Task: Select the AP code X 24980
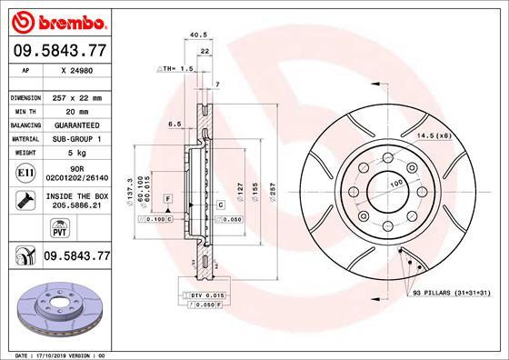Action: [x=75, y=69]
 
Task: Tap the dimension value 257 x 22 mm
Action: [x=75, y=96]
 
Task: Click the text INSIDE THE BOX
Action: [x=75, y=195]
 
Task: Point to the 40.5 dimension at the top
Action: [x=193, y=36]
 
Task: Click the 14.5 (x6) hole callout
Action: [x=434, y=135]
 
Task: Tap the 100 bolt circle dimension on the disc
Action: [x=396, y=185]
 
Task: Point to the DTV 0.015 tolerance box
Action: [x=206, y=296]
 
